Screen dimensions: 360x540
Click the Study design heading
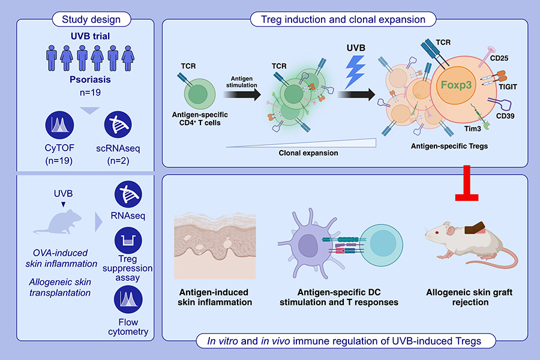coord(91,19)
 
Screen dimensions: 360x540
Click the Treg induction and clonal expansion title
coord(344,19)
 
